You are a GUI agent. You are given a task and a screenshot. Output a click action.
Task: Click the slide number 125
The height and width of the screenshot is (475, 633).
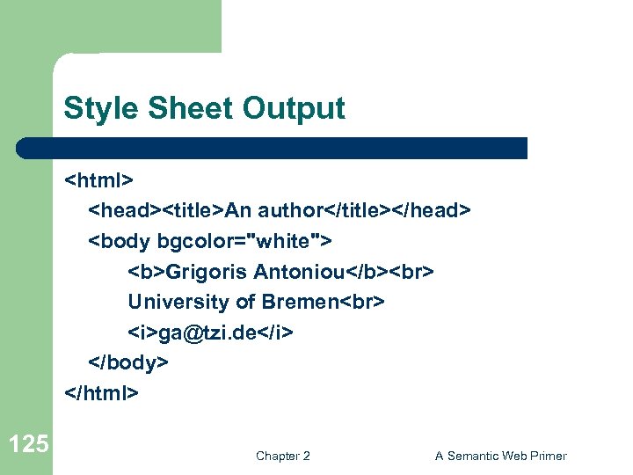tap(28, 443)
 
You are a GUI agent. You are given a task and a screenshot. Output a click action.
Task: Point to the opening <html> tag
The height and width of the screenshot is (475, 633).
tap(98, 180)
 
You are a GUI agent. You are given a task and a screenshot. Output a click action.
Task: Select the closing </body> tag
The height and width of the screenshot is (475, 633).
tap(127, 362)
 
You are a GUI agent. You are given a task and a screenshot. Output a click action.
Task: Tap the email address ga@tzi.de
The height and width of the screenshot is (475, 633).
tap(211, 332)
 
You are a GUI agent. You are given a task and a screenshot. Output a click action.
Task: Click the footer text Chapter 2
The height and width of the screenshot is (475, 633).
tap(282, 456)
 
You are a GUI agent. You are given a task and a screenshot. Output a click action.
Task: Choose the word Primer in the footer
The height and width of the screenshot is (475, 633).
tap(547, 456)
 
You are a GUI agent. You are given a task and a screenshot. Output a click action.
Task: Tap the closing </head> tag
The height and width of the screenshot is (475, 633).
tap(432, 211)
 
